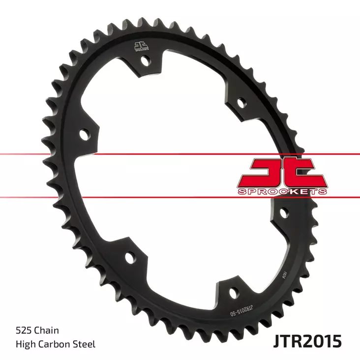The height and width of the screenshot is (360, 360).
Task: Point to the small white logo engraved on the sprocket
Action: click(x=140, y=47)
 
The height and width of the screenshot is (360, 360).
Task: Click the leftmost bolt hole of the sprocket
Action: click(x=85, y=134)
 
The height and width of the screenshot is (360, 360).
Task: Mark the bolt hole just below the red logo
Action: click(x=284, y=212)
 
